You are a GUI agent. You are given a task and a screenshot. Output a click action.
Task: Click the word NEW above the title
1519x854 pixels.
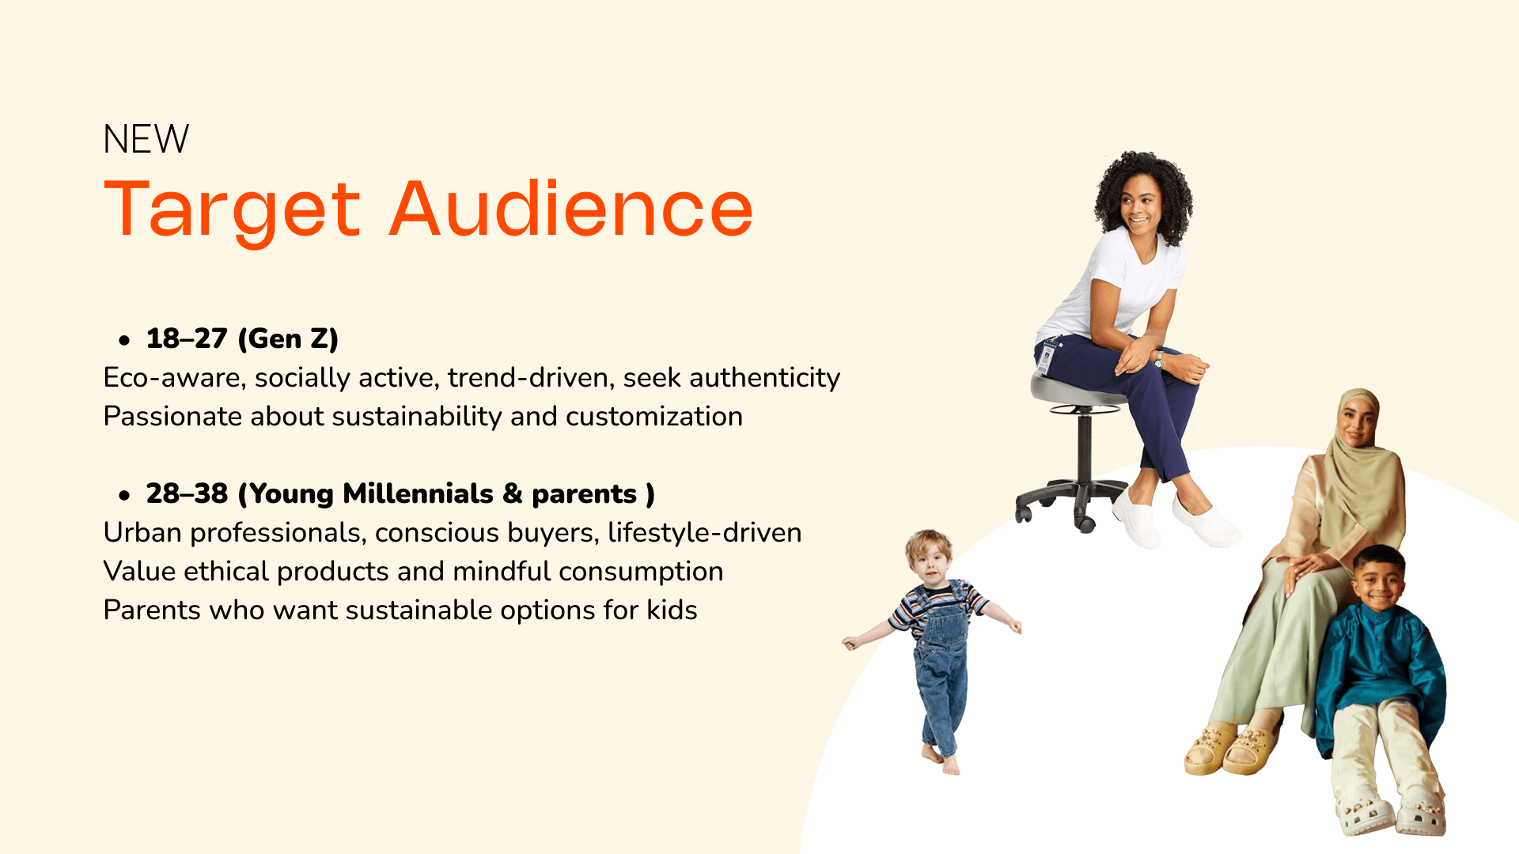(146, 139)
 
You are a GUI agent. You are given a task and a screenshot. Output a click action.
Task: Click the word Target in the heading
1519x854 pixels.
(233, 210)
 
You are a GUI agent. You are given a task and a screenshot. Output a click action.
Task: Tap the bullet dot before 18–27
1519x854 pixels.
(124, 341)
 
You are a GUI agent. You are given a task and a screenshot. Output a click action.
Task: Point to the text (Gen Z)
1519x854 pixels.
(288, 338)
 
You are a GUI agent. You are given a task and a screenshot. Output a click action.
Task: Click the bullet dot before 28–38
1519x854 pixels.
(124, 496)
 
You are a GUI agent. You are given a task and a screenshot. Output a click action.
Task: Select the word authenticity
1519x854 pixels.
(764, 378)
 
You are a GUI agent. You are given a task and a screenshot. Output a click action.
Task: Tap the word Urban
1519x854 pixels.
(142, 532)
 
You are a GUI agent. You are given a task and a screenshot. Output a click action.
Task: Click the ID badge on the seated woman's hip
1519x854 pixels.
(1047, 358)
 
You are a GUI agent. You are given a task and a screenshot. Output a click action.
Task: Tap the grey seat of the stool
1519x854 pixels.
(1077, 390)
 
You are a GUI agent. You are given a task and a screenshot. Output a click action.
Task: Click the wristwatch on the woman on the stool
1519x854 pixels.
(1159, 361)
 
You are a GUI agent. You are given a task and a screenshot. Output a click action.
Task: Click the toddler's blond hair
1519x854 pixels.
(929, 544)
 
